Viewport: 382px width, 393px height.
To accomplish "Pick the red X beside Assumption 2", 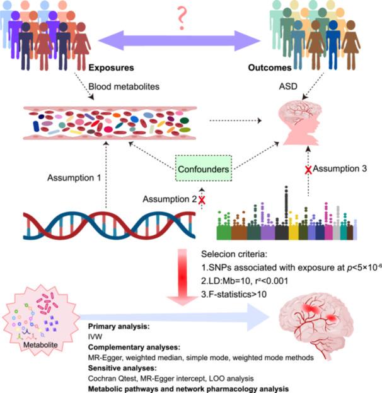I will coord(202,200).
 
